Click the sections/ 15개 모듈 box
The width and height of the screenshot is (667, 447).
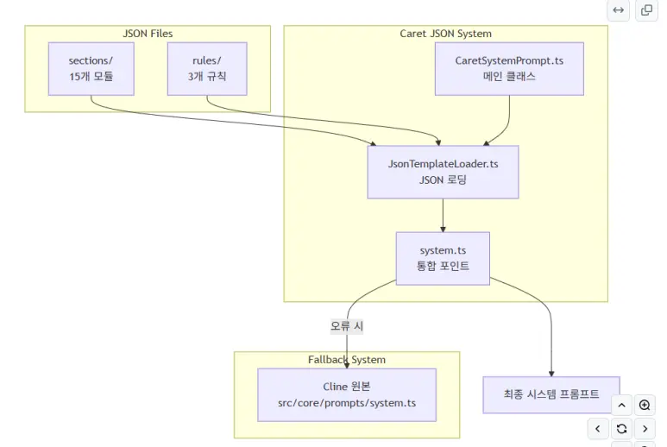point(91,69)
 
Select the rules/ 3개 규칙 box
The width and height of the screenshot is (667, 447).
point(206,69)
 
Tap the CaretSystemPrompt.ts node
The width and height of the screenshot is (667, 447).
point(509,69)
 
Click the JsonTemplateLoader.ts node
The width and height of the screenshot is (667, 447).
point(443,172)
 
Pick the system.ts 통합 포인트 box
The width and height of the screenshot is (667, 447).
point(443,258)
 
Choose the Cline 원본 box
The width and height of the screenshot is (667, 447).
point(347,394)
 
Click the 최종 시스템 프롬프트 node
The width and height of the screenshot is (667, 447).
point(551,394)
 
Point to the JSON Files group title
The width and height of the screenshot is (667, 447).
point(148,34)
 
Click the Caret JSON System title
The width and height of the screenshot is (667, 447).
point(445,34)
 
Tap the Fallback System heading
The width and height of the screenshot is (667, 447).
point(347,359)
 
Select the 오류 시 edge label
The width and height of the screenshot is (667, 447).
point(347,326)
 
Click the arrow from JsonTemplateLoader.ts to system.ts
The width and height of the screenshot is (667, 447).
point(443,216)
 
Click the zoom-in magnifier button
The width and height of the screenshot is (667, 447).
point(645,405)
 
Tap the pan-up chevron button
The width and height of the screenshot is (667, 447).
point(621,405)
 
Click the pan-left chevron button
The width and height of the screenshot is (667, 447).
point(598,428)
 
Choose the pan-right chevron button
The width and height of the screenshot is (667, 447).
point(645,428)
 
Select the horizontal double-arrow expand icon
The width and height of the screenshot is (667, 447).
point(619,10)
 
